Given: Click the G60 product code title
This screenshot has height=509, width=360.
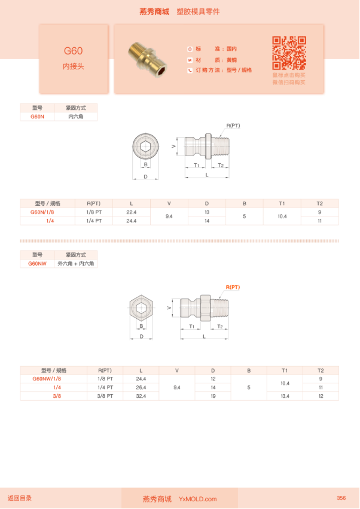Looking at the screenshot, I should (74, 51).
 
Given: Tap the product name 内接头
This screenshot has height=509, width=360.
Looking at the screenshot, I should (74, 66).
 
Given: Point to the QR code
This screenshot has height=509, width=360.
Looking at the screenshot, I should (289, 53).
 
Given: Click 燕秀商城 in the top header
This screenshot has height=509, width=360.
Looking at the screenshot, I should (154, 12).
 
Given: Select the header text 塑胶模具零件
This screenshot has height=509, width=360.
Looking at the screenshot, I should (198, 12).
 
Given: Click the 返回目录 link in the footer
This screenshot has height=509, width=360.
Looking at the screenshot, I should (20, 498).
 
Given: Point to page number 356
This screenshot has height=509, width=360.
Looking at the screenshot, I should (341, 498).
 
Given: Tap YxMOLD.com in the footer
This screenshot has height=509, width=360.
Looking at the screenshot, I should (197, 499).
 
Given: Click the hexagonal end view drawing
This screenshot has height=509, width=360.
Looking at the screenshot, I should (142, 309).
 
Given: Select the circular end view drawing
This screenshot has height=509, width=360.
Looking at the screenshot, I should (145, 145).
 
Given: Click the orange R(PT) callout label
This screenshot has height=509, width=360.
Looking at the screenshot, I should (232, 288).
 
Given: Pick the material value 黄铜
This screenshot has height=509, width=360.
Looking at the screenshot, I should (230, 60).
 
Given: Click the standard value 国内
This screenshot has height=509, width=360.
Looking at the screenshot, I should (231, 49).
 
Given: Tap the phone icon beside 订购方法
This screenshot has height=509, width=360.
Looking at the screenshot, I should (190, 71).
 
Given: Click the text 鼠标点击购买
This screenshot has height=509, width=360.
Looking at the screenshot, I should (289, 75).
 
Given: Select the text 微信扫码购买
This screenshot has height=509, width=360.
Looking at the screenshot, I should (289, 83).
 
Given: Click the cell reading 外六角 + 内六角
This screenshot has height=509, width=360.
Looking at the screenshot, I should (76, 263).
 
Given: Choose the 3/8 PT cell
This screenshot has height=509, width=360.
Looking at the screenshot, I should (100, 396).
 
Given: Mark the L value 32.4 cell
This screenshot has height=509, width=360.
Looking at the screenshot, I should (141, 396).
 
